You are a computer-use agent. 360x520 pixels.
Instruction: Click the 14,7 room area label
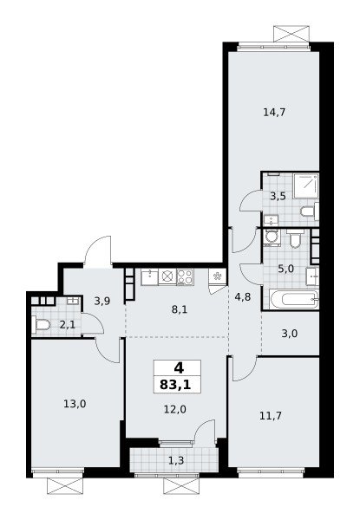tap(274, 113)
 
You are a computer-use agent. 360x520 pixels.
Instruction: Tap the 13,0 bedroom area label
tap(75, 404)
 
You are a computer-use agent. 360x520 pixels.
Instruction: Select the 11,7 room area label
tap(271, 415)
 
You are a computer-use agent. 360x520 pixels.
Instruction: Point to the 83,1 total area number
tap(177, 385)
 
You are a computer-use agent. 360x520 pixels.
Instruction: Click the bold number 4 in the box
tap(179, 367)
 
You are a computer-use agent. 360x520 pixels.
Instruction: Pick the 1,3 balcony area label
tap(176, 460)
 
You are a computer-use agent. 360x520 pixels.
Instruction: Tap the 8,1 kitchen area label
tap(180, 309)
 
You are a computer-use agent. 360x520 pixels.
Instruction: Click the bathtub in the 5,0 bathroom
tap(295, 300)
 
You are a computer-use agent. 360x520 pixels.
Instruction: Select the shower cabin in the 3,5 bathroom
tap(306, 185)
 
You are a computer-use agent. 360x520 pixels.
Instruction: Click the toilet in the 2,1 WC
tap(41, 324)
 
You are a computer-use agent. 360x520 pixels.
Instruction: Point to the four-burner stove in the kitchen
tap(185, 277)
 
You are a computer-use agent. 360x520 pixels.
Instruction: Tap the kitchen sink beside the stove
tap(150, 277)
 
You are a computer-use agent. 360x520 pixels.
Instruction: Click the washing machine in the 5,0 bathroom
tap(272, 237)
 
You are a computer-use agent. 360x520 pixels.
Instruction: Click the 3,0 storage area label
tap(290, 334)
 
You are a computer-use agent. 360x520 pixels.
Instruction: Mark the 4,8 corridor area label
tap(243, 296)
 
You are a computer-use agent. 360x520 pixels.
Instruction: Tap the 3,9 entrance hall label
tap(102, 301)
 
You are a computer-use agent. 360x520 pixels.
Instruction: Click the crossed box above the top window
tap(291, 34)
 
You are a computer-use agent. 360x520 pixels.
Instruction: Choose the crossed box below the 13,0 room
tap(65, 485)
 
